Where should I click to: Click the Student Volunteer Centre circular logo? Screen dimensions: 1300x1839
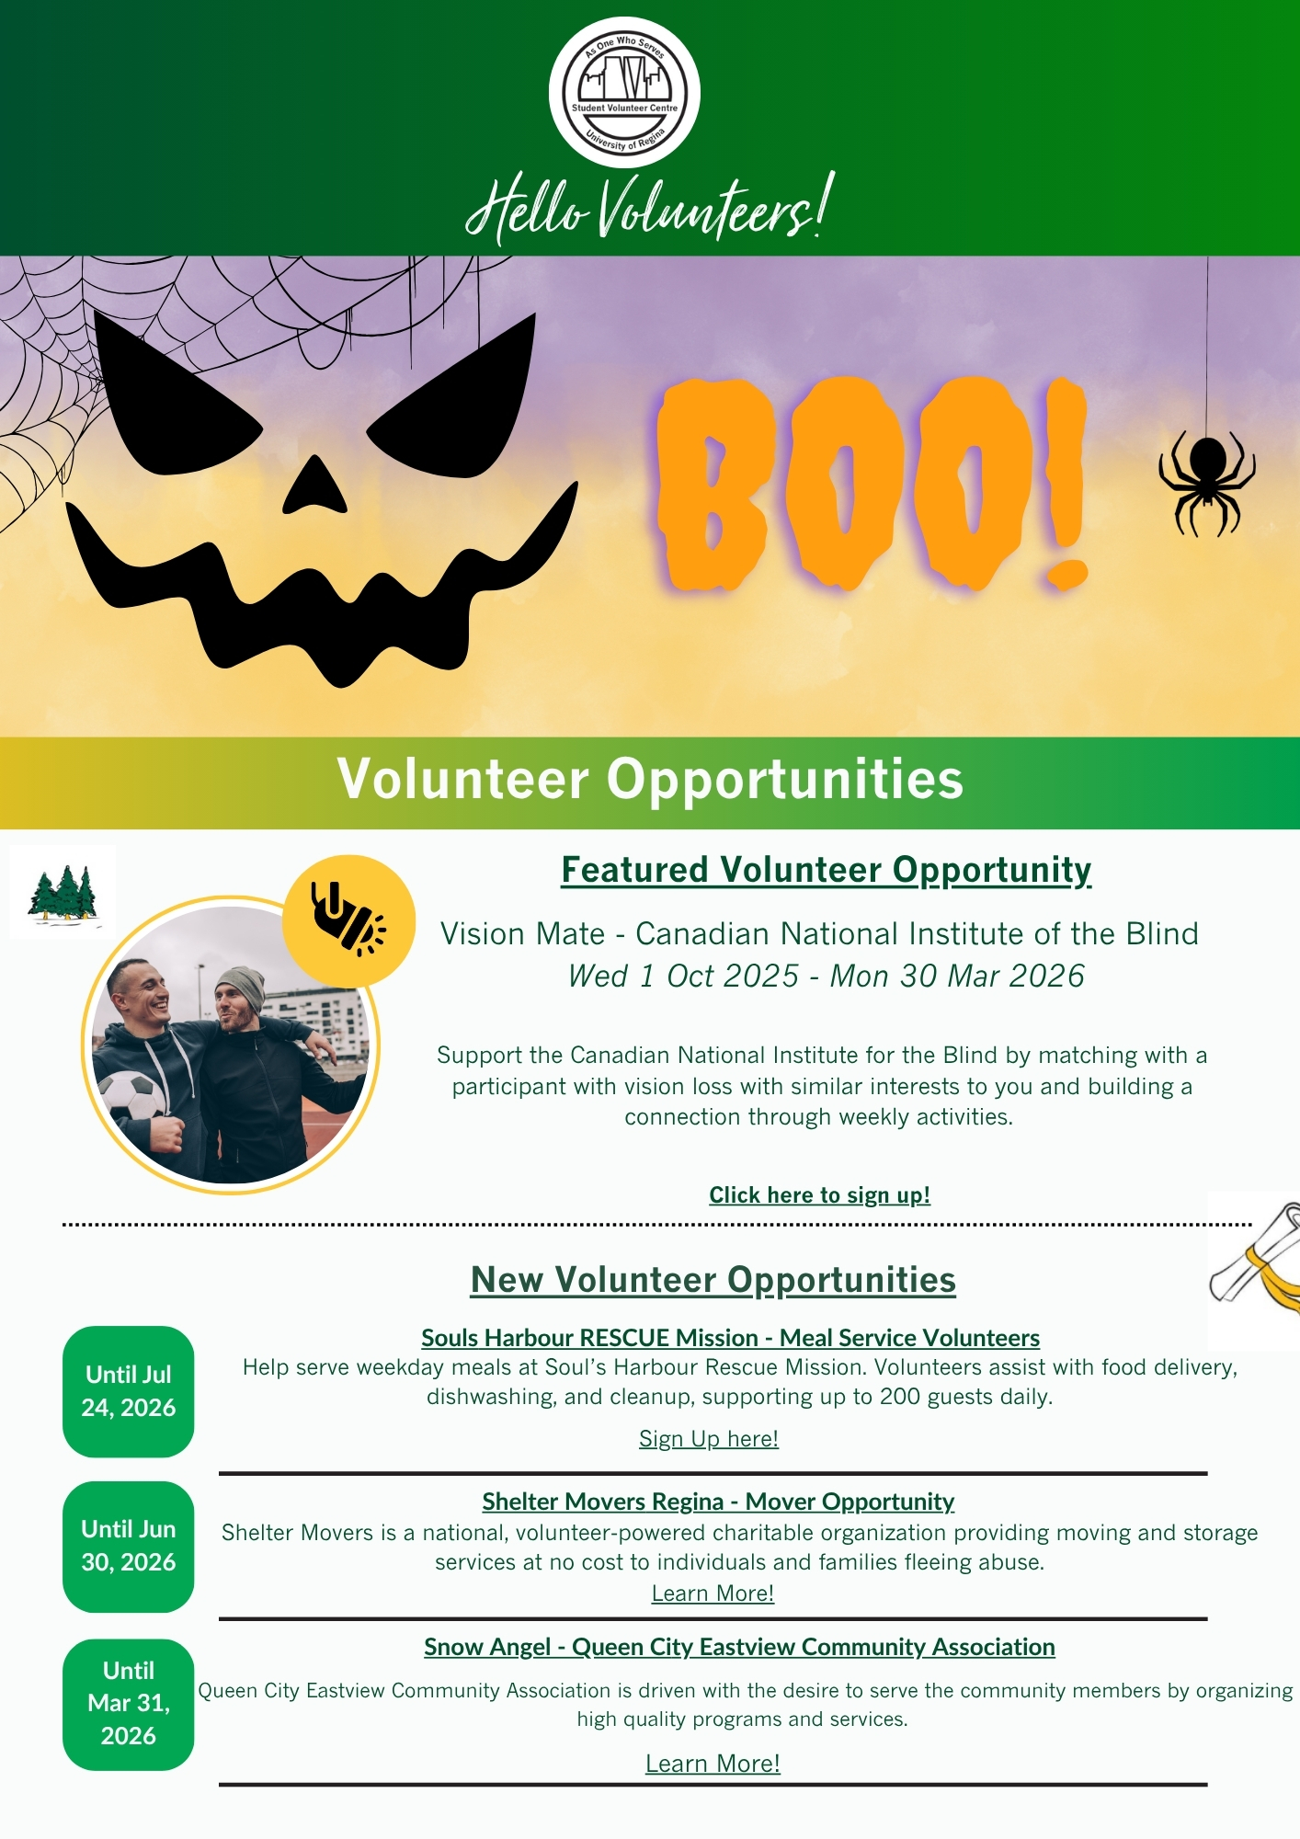(624, 92)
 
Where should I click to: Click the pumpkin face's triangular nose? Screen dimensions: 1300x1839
(314, 485)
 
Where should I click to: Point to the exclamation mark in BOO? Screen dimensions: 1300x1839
(1066, 484)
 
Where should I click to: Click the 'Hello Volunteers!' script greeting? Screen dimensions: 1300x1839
(650, 208)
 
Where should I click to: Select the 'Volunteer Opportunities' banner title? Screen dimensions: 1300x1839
(650, 779)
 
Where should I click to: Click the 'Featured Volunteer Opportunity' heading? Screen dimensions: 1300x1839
(827, 870)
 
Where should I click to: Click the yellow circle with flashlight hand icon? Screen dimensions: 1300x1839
(348, 920)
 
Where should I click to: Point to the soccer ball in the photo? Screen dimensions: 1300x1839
(131, 1097)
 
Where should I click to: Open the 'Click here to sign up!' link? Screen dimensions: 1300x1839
(819, 1194)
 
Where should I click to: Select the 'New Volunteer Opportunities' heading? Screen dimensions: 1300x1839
(713, 1280)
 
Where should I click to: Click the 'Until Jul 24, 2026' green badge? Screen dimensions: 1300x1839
(129, 1391)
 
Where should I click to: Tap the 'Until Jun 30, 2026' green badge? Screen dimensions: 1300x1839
(129, 1547)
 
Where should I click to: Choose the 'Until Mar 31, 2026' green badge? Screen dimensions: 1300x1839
(129, 1704)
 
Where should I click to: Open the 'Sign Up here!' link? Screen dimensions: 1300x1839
(709, 1439)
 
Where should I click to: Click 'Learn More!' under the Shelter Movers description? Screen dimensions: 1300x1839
(713, 1593)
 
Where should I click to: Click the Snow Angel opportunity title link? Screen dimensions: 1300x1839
(739, 1647)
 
